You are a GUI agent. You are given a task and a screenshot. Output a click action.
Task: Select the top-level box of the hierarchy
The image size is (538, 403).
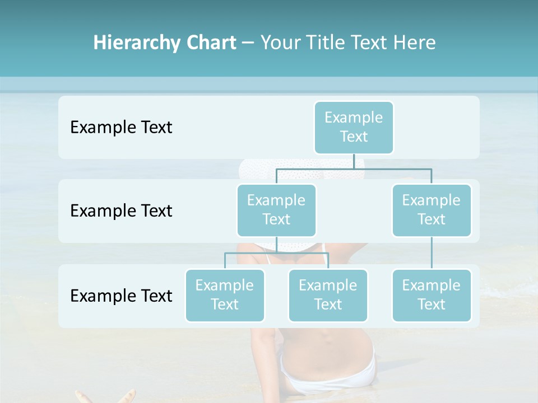(354, 127)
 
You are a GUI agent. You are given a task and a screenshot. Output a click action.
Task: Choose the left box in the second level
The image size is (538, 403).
(276, 210)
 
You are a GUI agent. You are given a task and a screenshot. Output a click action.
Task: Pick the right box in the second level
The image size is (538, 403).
(432, 210)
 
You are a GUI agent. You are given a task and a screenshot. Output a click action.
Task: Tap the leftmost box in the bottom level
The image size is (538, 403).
(225, 295)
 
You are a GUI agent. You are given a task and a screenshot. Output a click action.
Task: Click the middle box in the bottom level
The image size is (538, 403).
(328, 295)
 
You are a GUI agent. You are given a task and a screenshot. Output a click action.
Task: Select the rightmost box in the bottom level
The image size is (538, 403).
(432, 295)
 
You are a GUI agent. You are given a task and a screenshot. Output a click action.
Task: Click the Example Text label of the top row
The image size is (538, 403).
(121, 128)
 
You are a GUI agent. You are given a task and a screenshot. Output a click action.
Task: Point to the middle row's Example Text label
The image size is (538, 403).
(121, 211)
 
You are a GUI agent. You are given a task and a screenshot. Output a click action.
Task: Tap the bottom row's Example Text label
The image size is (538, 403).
(121, 296)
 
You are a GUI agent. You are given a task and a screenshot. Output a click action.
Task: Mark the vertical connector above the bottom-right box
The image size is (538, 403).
(432, 253)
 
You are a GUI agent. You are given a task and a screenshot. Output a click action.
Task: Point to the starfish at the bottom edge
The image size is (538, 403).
(106, 396)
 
